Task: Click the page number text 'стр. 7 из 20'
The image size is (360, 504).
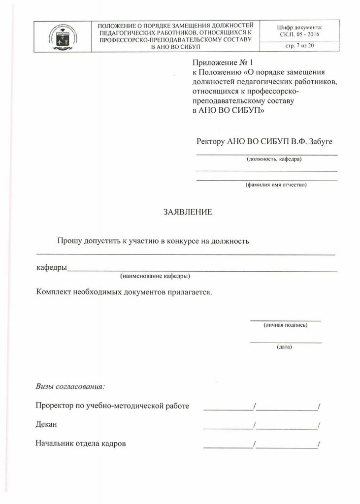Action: point(299,45)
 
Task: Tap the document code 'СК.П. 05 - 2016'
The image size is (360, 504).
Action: point(299,34)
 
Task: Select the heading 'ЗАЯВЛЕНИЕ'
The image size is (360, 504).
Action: point(188,213)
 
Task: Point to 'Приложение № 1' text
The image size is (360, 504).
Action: point(224,63)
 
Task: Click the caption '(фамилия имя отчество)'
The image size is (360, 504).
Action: point(276,185)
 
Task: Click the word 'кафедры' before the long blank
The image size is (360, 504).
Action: point(52,268)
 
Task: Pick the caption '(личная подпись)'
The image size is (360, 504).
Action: point(285,325)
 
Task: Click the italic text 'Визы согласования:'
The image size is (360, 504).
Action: point(70,385)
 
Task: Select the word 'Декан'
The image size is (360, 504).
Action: point(47,424)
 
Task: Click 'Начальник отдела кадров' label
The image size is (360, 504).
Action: point(81,443)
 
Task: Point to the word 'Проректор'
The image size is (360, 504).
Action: point(54,406)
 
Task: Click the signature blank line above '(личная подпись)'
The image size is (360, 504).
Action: point(285,320)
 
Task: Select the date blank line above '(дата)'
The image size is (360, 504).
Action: point(286,342)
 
